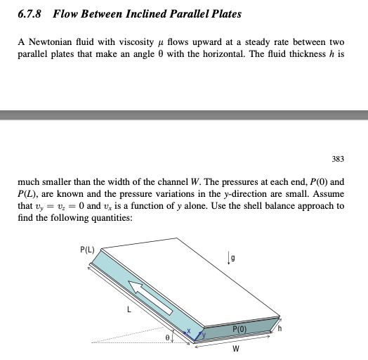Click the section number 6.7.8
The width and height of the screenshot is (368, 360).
[x=31, y=13]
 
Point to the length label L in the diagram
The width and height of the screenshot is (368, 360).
[x=128, y=307]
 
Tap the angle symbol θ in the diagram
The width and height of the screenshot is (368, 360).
[x=168, y=338]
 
